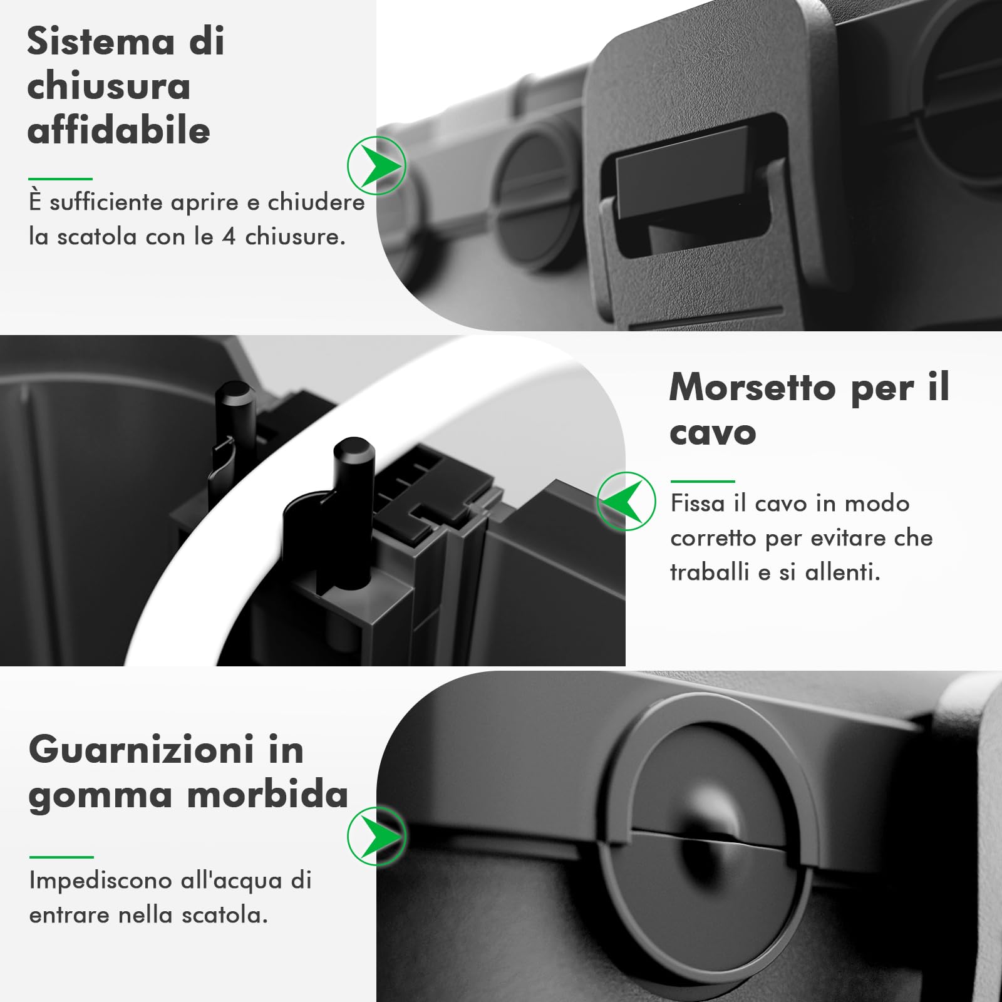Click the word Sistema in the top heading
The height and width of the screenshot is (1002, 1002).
coord(100,42)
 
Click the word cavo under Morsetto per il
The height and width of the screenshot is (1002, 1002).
coord(712,433)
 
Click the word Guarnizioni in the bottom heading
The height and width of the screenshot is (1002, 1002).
coord(142,750)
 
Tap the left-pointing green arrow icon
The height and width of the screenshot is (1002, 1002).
coord(626,501)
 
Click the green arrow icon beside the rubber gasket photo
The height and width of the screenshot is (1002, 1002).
coord(377,836)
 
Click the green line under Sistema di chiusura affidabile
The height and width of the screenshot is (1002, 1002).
coord(60,179)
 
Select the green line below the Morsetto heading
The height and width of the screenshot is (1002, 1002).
coord(702,481)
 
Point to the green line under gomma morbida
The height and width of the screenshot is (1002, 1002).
coord(61,857)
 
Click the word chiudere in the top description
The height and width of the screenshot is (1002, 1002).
coord(316,202)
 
